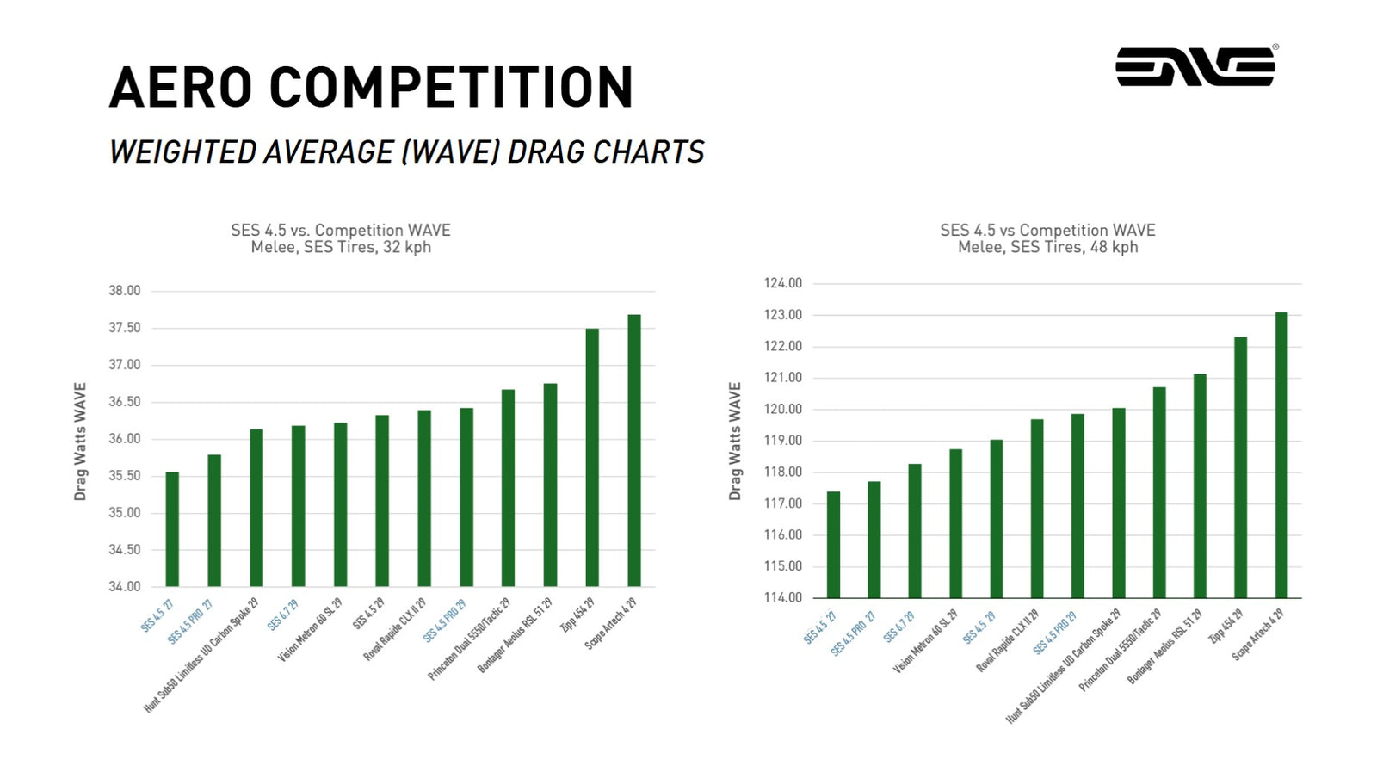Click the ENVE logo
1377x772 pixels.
click(x=1195, y=66)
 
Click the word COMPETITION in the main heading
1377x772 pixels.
click(x=451, y=88)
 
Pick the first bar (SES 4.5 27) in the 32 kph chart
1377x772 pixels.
click(x=172, y=529)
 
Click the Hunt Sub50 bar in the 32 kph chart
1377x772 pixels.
click(x=256, y=508)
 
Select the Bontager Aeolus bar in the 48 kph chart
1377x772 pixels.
click(x=1200, y=485)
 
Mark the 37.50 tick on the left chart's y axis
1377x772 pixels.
click(x=125, y=328)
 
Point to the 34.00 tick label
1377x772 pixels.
click(x=125, y=586)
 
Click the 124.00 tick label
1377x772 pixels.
click(x=783, y=283)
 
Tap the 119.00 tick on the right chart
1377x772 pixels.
click(x=783, y=441)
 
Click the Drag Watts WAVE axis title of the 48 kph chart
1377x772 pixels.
click(x=735, y=441)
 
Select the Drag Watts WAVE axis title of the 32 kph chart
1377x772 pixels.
click(x=80, y=441)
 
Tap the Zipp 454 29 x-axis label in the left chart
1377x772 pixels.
click(x=577, y=615)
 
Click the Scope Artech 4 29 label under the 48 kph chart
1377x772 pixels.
click(x=1257, y=634)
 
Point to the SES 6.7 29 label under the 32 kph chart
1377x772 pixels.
click(x=282, y=615)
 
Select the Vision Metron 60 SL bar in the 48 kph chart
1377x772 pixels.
click(x=955, y=523)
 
